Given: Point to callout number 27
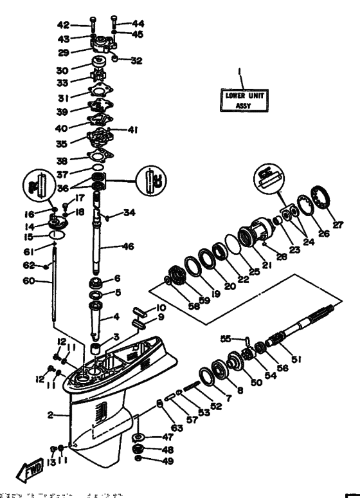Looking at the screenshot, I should pyautogui.click(x=338, y=225).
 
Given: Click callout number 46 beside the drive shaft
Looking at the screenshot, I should pyautogui.click(x=129, y=246).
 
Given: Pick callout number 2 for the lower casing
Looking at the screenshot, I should pyautogui.click(x=50, y=415).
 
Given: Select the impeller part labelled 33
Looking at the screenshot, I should pyautogui.click(x=100, y=82).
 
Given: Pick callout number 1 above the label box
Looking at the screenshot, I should pyautogui.click(x=243, y=71).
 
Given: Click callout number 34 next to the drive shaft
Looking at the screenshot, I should pyautogui.click(x=130, y=212).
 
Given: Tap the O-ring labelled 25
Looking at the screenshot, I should pyautogui.click(x=233, y=246).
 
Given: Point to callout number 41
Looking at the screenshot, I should pyautogui.click(x=133, y=129).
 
